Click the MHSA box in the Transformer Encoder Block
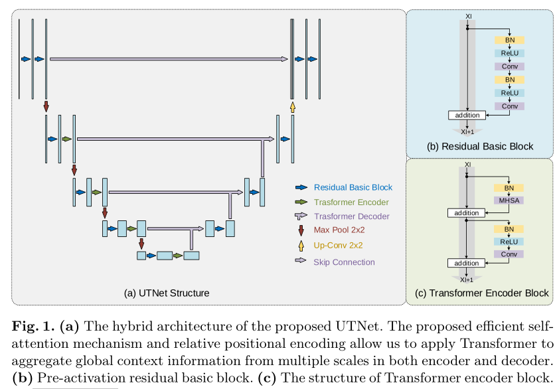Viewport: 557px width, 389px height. point(509,200)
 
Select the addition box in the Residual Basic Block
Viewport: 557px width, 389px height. point(467,116)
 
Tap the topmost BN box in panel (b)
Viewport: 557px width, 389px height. point(509,40)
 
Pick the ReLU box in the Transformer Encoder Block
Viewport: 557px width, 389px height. point(509,242)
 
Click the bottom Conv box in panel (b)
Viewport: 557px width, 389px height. point(509,106)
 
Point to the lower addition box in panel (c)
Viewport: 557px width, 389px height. point(467,264)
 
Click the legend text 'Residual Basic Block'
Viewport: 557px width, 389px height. point(353,188)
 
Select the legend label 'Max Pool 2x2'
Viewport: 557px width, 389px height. point(339,230)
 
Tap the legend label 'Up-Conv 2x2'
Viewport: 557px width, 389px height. point(339,245)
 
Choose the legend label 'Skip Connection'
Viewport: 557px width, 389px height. point(344,262)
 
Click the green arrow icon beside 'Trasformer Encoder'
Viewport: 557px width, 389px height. point(301,202)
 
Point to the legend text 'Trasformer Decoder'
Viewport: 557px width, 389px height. point(351,216)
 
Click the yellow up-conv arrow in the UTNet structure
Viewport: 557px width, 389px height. point(292,106)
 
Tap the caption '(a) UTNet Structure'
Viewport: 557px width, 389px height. point(167,293)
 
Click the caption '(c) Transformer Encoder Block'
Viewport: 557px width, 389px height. point(481,293)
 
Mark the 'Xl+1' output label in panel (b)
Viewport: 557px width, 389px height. point(467,131)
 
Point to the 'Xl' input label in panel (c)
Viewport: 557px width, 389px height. point(467,164)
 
